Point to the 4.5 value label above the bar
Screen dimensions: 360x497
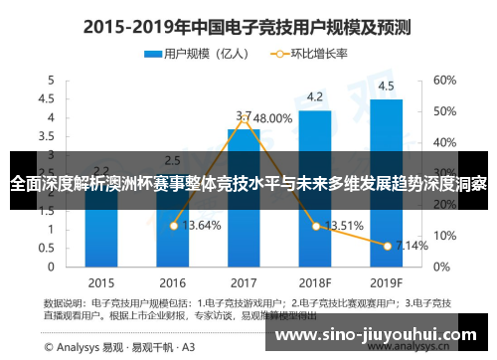pyautogui.click(x=386, y=85)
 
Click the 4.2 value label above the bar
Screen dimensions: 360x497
pyautogui.click(x=315, y=96)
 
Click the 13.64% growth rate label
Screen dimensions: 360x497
pyautogui.click(x=202, y=225)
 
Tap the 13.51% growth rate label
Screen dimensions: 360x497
pyautogui.click(x=344, y=225)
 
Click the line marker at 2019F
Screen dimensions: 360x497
pyautogui.click(x=387, y=245)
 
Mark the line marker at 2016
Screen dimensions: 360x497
pyautogui.click(x=173, y=226)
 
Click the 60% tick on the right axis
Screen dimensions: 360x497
pyautogui.click(x=444, y=80)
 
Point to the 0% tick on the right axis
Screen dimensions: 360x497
pyautogui.click(x=441, y=268)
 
